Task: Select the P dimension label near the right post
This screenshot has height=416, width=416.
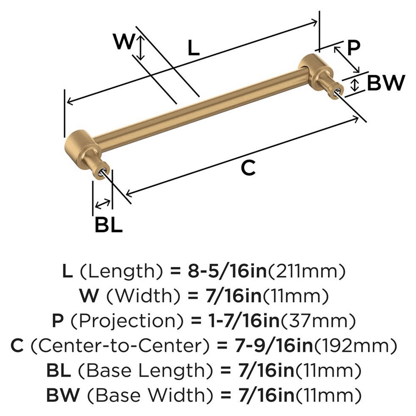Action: pos(353,48)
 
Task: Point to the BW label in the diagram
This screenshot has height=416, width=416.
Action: pos(385,84)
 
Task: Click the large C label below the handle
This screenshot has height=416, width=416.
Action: pos(248,168)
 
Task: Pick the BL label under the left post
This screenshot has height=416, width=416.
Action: pos(108,225)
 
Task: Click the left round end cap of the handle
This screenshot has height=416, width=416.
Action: pos(79,143)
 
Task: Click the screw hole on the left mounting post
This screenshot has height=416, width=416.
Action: pos(103,171)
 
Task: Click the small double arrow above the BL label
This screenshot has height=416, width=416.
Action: pos(103,203)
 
